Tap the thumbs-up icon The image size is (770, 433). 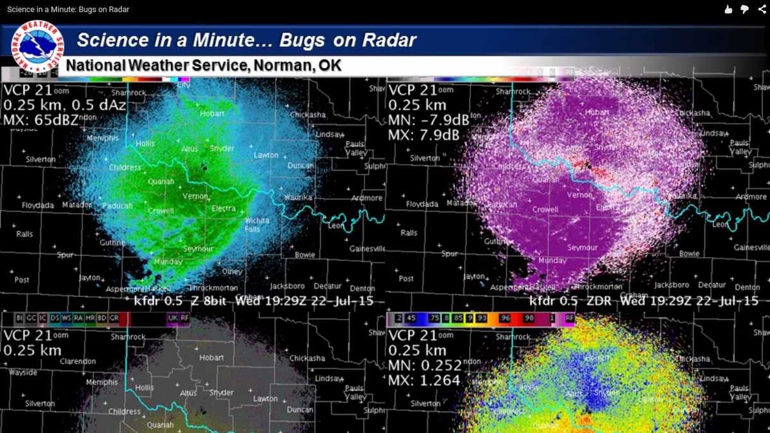[728, 9]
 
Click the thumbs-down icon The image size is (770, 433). [745, 9]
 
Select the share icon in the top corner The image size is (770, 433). [762, 9]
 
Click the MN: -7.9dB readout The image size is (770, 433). [429, 120]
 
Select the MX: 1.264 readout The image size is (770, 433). [424, 380]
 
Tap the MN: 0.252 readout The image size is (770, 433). [425, 366]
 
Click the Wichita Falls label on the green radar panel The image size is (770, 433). [257, 225]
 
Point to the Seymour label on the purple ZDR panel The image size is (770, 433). [583, 247]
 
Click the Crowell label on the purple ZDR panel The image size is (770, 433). [545, 210]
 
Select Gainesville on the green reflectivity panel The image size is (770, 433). [367, 248]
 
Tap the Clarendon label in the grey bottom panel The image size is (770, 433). [78, 361]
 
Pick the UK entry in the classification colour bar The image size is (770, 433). [172, 318]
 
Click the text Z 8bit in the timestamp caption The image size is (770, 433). [210, 301]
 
